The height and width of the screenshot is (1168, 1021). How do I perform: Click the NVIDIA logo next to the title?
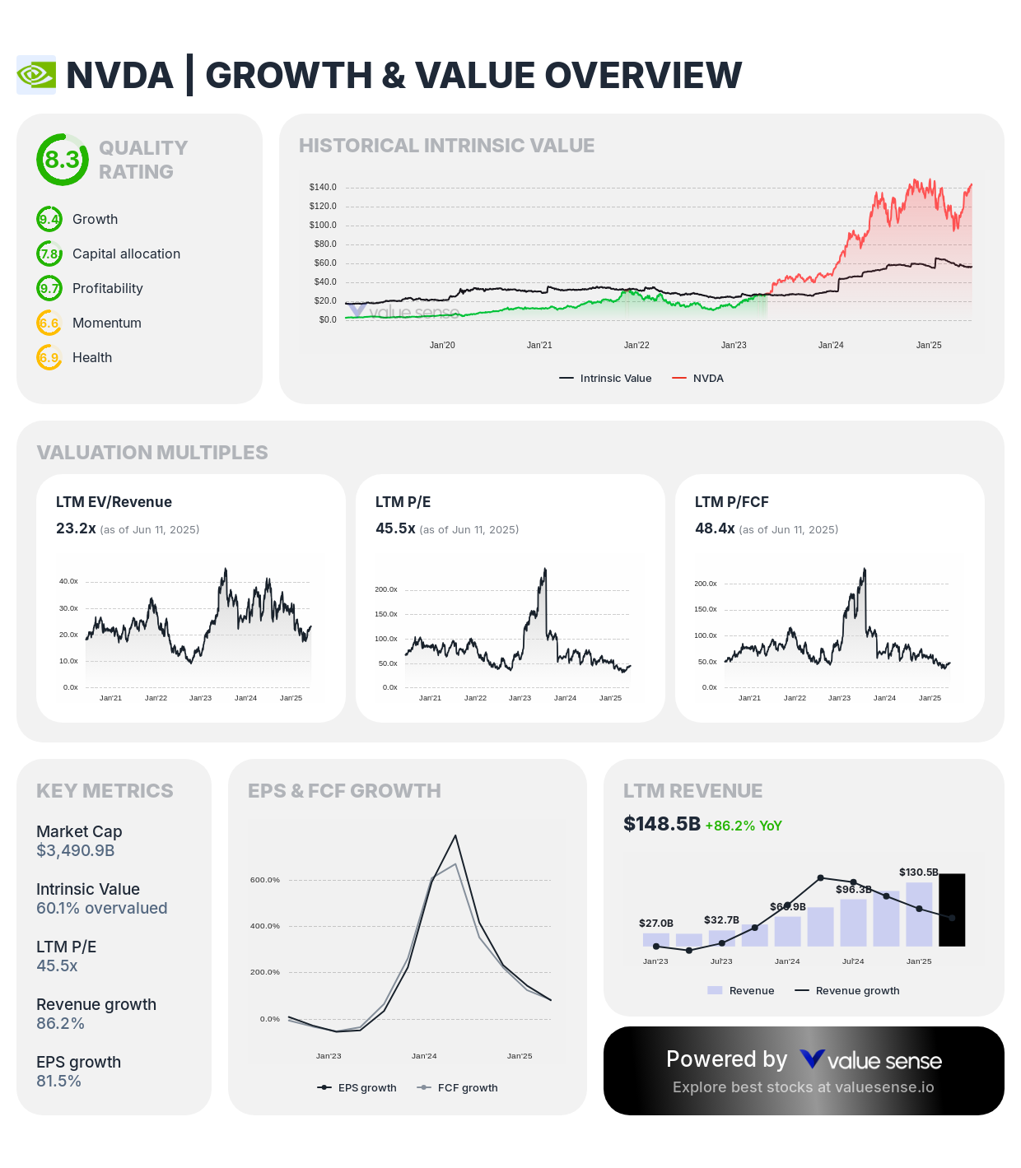[x=36, y=75]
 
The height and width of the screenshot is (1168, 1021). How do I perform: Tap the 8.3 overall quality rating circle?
[x=62, y=160]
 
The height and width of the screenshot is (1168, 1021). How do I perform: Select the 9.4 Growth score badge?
[x=49, y=220]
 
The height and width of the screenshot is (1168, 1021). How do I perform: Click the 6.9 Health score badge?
[x=49, y=358]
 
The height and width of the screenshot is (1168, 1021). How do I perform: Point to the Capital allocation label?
[x=126, y=254]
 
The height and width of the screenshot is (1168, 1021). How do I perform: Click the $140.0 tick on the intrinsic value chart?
[x=323, y=188]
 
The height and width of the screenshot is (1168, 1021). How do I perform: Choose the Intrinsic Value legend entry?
[x=606, y=379]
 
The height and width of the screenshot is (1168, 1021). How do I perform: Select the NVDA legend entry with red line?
[x=698, y=379]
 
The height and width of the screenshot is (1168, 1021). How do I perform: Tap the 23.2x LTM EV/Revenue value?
[x=76, y=528]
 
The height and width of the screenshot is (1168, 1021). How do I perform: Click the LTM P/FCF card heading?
[x=731, y=502]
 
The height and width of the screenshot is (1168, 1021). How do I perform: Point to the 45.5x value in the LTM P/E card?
[x=395, y=528]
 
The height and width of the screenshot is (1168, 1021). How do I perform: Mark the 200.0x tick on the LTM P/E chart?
[x=386, y=589]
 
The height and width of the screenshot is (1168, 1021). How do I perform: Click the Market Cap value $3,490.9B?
[x=76, y=850]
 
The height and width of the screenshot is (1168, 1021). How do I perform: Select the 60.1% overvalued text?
[x=102, y=908]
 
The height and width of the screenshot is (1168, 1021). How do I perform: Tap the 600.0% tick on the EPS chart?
[x=265, y=880]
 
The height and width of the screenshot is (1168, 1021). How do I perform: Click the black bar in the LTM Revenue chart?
[x=952, y=910]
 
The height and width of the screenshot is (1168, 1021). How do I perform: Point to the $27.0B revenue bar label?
[x=656, y=924]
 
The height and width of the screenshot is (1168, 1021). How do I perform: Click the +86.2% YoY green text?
[x=744, y=826]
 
